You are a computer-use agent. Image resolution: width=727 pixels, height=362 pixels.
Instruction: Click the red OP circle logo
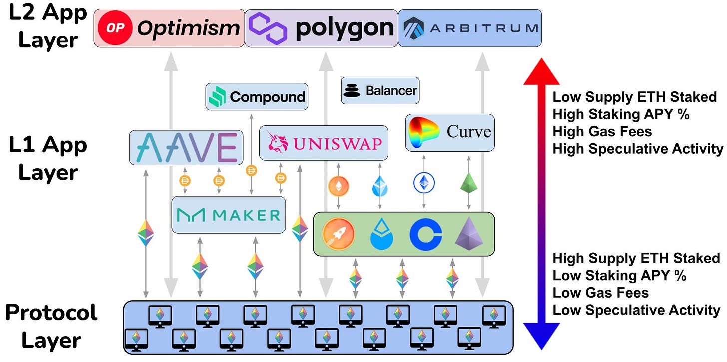coord(115,28)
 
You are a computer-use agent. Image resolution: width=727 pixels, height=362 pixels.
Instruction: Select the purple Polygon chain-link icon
coord(268,28)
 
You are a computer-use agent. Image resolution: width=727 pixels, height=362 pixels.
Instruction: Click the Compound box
coord(257,96)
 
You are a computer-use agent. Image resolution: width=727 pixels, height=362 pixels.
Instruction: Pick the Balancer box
coord(380,90)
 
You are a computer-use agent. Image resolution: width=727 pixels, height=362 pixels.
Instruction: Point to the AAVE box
coord(186,147)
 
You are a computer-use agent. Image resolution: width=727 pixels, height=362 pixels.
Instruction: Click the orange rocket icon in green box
coord(338,234)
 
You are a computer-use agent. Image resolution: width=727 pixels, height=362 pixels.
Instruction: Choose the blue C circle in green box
coord(425,234)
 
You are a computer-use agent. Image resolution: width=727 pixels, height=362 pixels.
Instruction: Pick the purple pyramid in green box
coord(469,233)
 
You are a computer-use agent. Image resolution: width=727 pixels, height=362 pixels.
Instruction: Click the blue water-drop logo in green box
coord(382,234)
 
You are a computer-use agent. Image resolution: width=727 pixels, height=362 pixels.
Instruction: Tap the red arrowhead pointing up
coord(541,70)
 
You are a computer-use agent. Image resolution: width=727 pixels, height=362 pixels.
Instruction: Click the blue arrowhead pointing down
coord(541,336)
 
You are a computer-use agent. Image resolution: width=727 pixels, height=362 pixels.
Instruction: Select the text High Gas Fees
coord(602,131)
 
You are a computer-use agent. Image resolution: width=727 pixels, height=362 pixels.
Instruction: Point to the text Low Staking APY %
coord(619,275)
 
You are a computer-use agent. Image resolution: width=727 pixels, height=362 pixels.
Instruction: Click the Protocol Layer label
coord(51,327)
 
